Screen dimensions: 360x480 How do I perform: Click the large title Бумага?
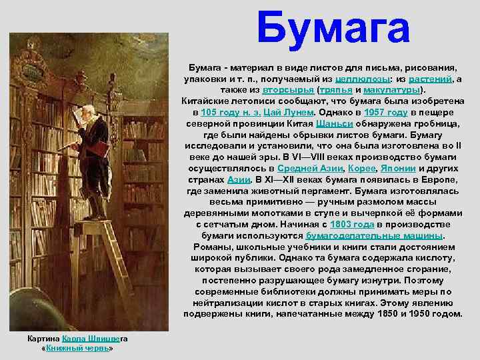pyautogui.click(x=333, y=28)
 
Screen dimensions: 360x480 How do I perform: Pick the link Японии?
pyautogui.click(x=404, y=169)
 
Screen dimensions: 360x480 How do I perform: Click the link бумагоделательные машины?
pyautogui.click(x=374, y=236)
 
